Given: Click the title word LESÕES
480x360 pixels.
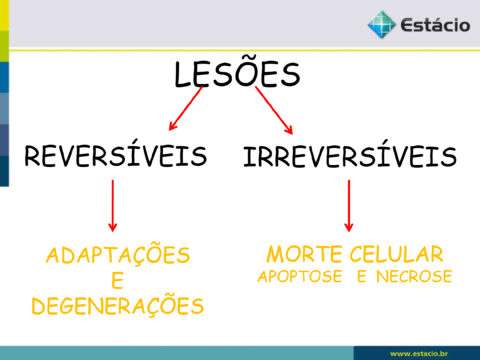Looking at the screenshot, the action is [x=237, y=72].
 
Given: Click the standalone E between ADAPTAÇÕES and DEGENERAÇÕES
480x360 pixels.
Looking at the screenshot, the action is [x=117, y=280].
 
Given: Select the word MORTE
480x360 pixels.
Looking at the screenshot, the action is [x=304, y=254].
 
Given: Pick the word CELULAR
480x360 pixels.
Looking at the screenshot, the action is [x=396, y=254].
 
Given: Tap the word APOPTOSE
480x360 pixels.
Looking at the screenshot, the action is [x=300, y=276].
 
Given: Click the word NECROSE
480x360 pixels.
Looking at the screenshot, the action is [x=414, y=276].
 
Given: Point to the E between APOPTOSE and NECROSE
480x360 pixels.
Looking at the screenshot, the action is [x=362, y=276].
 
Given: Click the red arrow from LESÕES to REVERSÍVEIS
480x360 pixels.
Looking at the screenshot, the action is [x=186, y=109].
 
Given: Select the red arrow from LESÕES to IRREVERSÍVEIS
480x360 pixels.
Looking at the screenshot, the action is [x=274, y=110].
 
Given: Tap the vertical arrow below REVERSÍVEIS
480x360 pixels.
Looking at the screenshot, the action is [x=113, y=206].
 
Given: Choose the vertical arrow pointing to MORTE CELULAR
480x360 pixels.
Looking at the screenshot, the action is [x=349, y=206].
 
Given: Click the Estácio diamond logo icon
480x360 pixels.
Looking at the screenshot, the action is [x=382, y=25].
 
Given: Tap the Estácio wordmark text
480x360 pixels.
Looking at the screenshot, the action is [x=435, y=25].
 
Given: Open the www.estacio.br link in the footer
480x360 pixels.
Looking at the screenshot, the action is [x=419, y=353].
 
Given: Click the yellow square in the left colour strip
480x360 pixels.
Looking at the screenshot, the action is [x=4, y=15].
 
